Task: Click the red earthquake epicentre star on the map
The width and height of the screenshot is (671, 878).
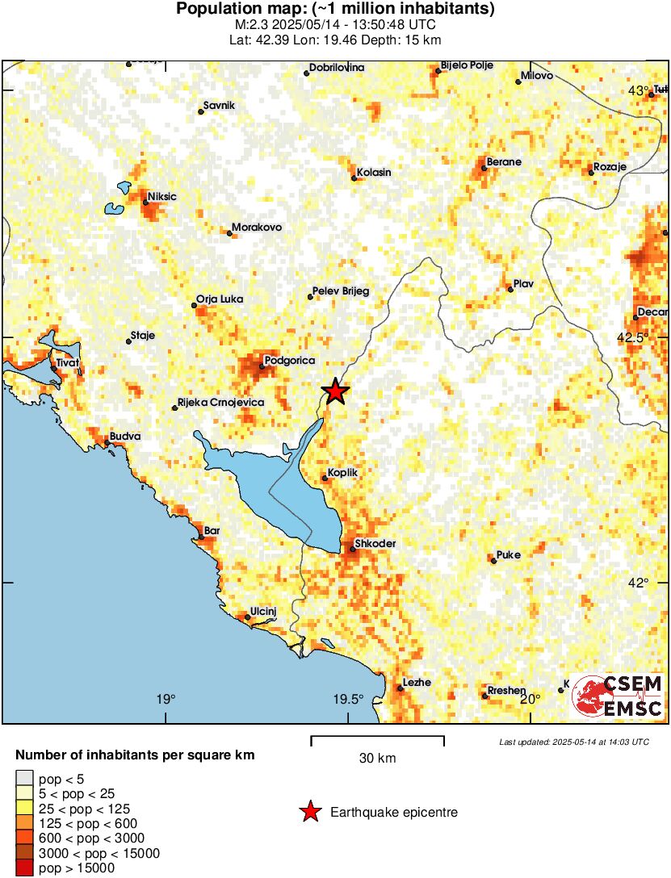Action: [336, 391]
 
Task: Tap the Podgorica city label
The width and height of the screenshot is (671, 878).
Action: [289, 361]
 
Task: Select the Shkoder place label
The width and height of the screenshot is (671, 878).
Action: [375, 544]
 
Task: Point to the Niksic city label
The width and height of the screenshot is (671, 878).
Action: [161, 196]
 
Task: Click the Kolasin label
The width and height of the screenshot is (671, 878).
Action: [373, 173]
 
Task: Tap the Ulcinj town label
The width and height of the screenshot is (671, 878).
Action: [264, 611]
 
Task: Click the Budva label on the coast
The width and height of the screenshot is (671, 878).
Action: [125, 436]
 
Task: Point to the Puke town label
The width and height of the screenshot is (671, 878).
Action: [509, 554]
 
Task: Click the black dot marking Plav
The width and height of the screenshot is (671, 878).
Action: [510, 289]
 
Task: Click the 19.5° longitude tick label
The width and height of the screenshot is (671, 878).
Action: [349, 699]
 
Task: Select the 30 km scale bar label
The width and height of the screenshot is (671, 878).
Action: [377, 759]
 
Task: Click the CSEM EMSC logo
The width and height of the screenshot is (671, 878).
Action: [619, 697]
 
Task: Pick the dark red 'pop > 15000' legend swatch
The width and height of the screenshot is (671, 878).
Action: [25, 868]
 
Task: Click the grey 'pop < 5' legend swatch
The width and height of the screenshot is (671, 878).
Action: [25, 780]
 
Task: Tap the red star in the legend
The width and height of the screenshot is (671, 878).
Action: [310, 813]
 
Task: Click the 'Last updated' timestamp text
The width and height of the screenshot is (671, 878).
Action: [573, 742]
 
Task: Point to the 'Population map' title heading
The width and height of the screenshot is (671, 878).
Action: [335, 10]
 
